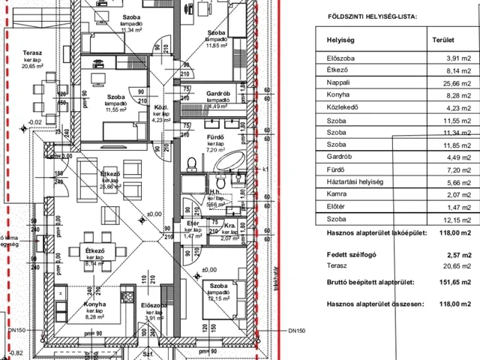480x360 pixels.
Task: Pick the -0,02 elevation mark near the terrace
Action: [34, 121]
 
